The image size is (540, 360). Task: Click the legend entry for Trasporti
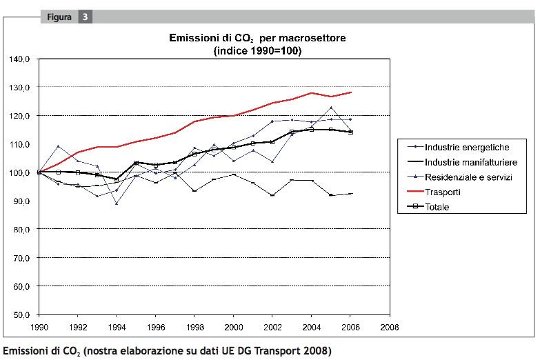(442, 192)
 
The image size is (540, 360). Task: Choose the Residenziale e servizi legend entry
(467, 177)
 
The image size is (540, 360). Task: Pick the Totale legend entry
(437, 206)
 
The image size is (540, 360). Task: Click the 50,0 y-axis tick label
(20, 314)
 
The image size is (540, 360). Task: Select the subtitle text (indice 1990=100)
(257, 51)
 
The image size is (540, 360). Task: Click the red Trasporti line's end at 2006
(350, 92)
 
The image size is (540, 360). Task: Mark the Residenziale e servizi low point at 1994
(117, 203)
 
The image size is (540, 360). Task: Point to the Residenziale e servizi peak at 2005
(331, 108)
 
